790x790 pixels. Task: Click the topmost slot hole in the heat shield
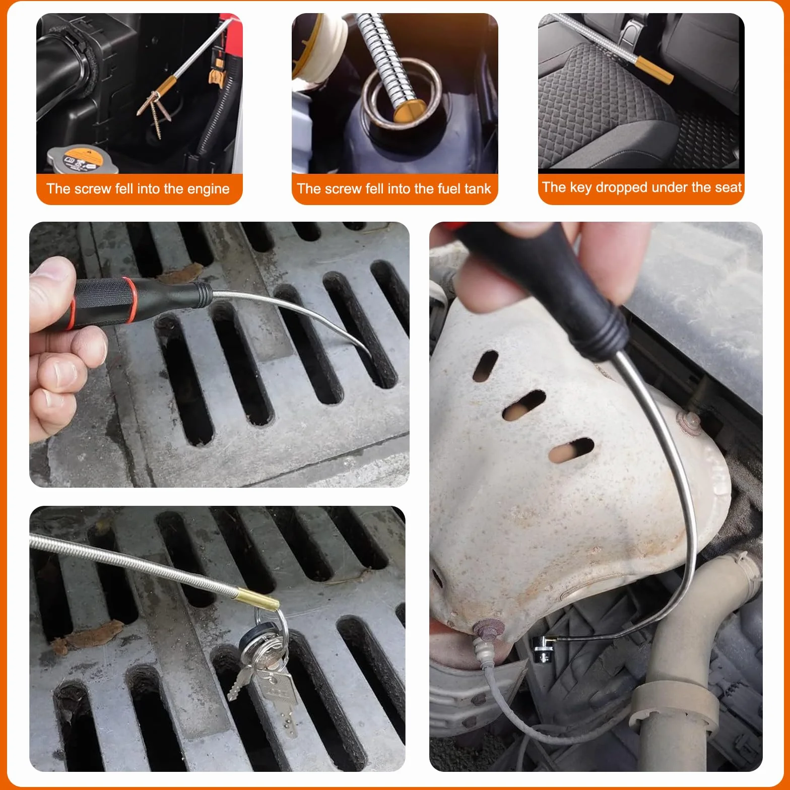pos(486,366)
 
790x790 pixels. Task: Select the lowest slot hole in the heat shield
pos(571,450)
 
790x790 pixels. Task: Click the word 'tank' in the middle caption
pos(478,188)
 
